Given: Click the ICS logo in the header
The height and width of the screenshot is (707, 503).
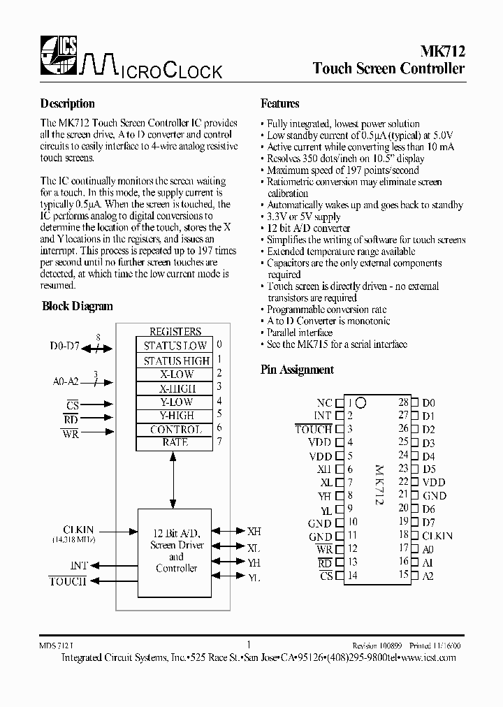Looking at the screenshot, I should (57, 54).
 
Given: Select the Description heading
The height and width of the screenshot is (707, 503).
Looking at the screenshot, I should (68, 103).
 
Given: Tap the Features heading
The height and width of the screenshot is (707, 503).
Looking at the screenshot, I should (280, 103).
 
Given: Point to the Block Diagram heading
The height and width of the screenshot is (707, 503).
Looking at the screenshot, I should (78, 306).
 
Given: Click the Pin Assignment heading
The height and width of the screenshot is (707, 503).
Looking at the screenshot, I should (298, 370).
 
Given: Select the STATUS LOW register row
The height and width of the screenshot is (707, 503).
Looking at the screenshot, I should (175, 346).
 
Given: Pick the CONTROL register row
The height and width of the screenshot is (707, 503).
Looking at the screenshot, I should (175, 430).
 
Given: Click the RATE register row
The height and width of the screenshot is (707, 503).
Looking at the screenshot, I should (175, 442).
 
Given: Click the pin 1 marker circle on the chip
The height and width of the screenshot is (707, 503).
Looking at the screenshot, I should (361, 403).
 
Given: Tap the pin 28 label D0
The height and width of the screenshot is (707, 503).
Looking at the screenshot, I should (428, 403).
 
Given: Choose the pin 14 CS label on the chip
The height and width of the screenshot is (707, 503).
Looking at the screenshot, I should (326, 576).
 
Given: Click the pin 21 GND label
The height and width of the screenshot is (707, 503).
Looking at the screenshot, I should (433, 495).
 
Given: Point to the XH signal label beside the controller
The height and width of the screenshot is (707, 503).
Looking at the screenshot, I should (254, 531).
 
